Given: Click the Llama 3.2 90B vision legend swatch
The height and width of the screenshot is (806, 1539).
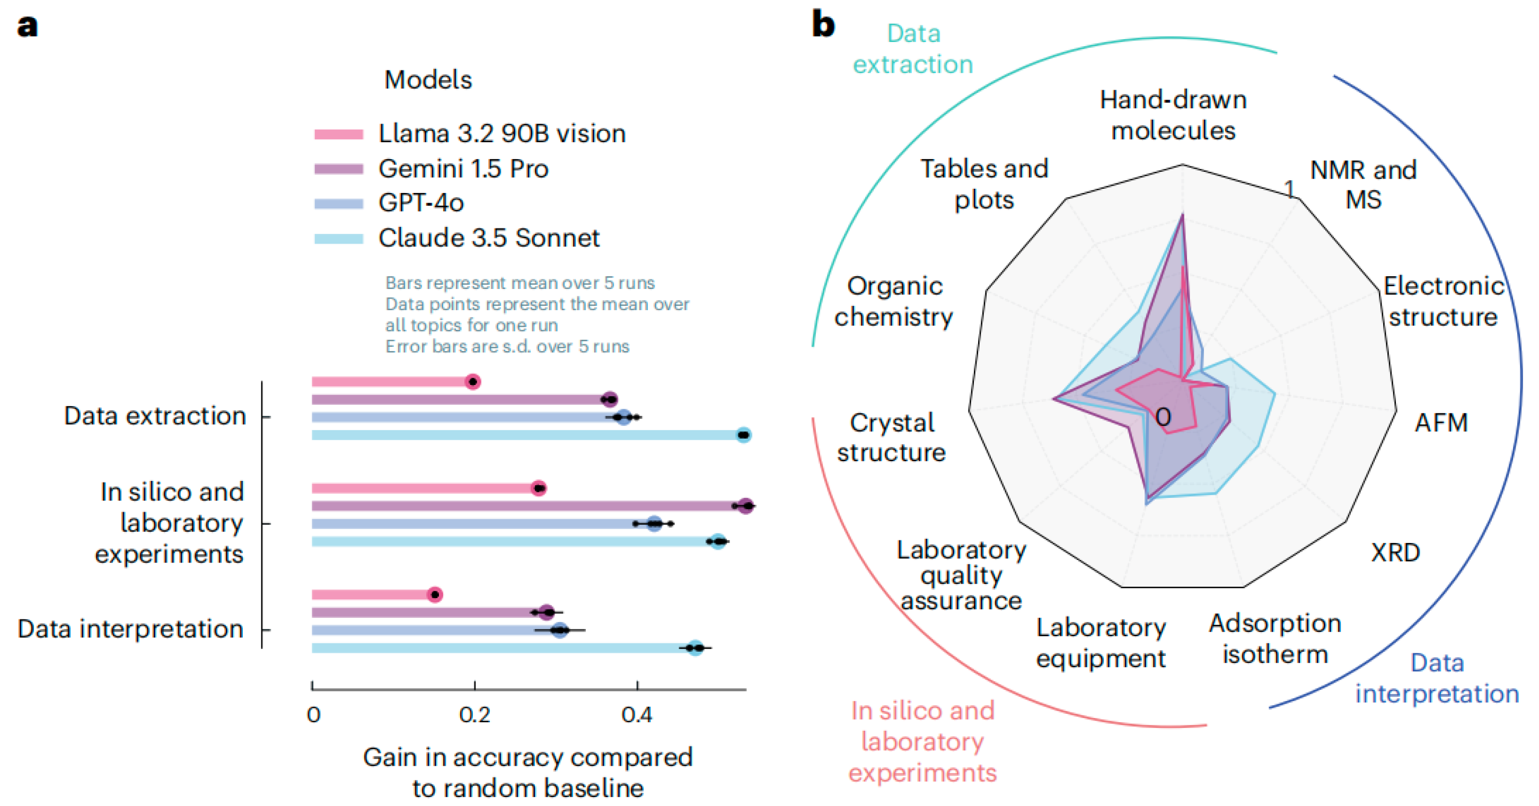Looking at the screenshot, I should point(338,134).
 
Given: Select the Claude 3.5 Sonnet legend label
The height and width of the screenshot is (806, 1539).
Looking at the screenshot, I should point(489,238).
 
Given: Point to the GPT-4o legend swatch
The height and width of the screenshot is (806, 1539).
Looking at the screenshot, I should point(338,204).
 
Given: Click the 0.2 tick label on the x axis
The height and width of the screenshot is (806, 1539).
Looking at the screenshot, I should point(475,715).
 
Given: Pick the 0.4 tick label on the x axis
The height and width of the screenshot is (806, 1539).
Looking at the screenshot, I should point(637,715).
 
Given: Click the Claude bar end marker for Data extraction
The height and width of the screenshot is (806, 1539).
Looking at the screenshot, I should point(743,435).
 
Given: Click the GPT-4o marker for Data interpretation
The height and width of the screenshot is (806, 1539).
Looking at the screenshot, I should point(559,630).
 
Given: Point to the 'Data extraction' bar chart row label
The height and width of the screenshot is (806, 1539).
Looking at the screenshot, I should point(155,416).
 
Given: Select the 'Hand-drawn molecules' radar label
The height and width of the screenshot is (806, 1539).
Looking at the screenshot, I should point(1173,115).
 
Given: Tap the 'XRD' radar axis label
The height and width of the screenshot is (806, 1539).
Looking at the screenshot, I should point(1395,552).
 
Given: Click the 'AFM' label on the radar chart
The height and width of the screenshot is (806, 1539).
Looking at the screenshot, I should point(1440,423).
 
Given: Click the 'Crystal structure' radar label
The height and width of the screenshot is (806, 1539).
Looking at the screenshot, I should point(891,437).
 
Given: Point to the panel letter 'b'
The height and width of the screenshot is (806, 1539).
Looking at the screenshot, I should point(823,25).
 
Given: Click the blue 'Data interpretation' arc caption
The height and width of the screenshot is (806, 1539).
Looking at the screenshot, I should point(1437,678).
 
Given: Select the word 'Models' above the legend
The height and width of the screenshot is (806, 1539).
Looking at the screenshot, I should point(428,80).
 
